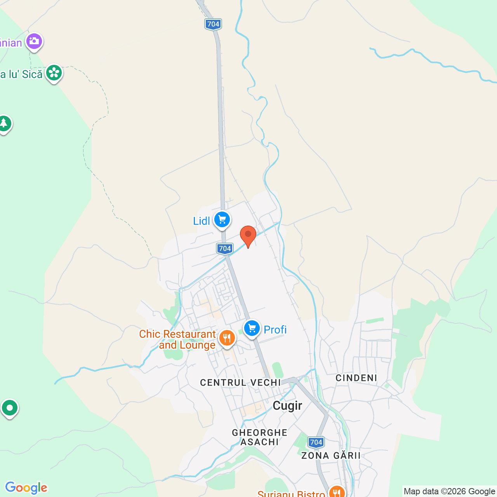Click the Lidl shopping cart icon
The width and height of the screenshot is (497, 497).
pos(222,220)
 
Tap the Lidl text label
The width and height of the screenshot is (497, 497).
pos(202,221)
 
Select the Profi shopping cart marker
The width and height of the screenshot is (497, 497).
pos(252,328)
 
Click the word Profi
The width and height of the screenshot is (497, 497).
pos(275,330)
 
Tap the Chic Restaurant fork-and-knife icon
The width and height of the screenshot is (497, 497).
pos(227,338)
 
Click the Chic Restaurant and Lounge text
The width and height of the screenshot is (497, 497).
pos(177,339)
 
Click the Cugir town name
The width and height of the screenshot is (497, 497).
pos(287,406)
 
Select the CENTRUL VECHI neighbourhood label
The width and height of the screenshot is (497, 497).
pos(240,382)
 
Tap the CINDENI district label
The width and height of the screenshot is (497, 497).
pos(356,378)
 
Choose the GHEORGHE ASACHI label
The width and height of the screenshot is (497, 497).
pos(260,437)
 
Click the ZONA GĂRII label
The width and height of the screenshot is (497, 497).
pos(331,455)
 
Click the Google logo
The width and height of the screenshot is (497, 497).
pos(26,488)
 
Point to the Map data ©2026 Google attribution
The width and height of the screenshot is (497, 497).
pos(449,491)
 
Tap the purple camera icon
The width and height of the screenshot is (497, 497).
pos(34,41)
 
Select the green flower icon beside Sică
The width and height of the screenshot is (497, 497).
pos(54,73)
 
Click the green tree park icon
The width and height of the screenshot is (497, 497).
pos(4,124)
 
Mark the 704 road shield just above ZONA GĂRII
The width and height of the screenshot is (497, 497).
pos(316,442)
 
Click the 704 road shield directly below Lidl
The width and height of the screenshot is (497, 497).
pos(225,248)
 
